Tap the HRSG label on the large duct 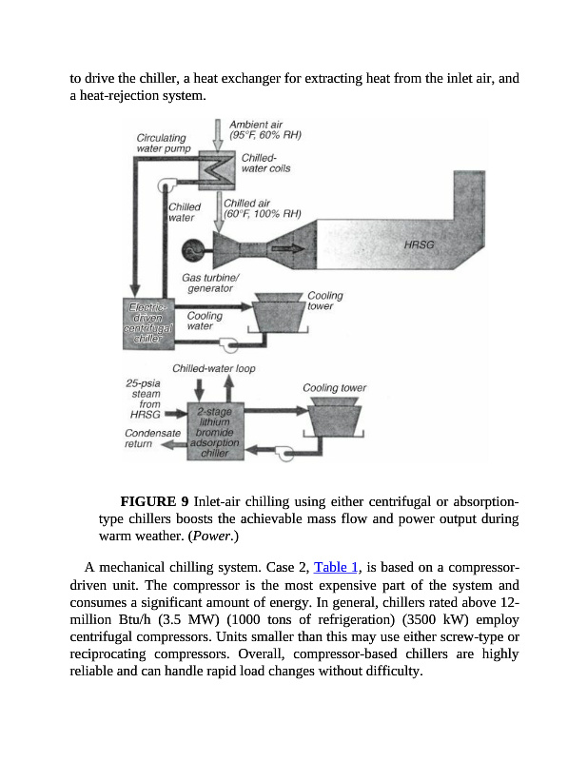pos(419,244)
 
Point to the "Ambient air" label pos(256,125)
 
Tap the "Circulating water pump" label pos(164,143)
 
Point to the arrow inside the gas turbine pos(288,249)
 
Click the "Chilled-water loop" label pos(214,368)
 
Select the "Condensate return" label pos(152,438)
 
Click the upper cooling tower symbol pos(276,313)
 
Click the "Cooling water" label pos(205,321)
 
